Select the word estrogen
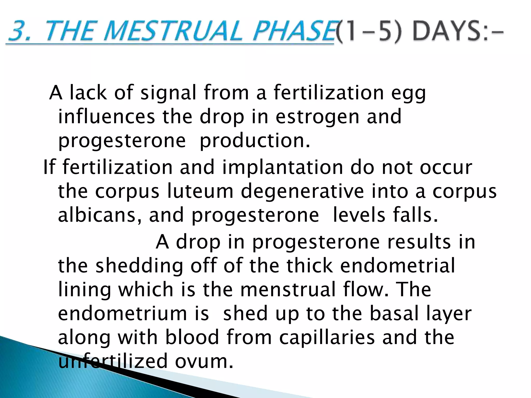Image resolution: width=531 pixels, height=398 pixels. click(317, 117)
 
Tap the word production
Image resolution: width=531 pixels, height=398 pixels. click(254, 141)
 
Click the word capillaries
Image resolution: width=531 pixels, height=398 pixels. click(327, 338)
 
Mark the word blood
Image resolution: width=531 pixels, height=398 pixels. click(192, 337)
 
